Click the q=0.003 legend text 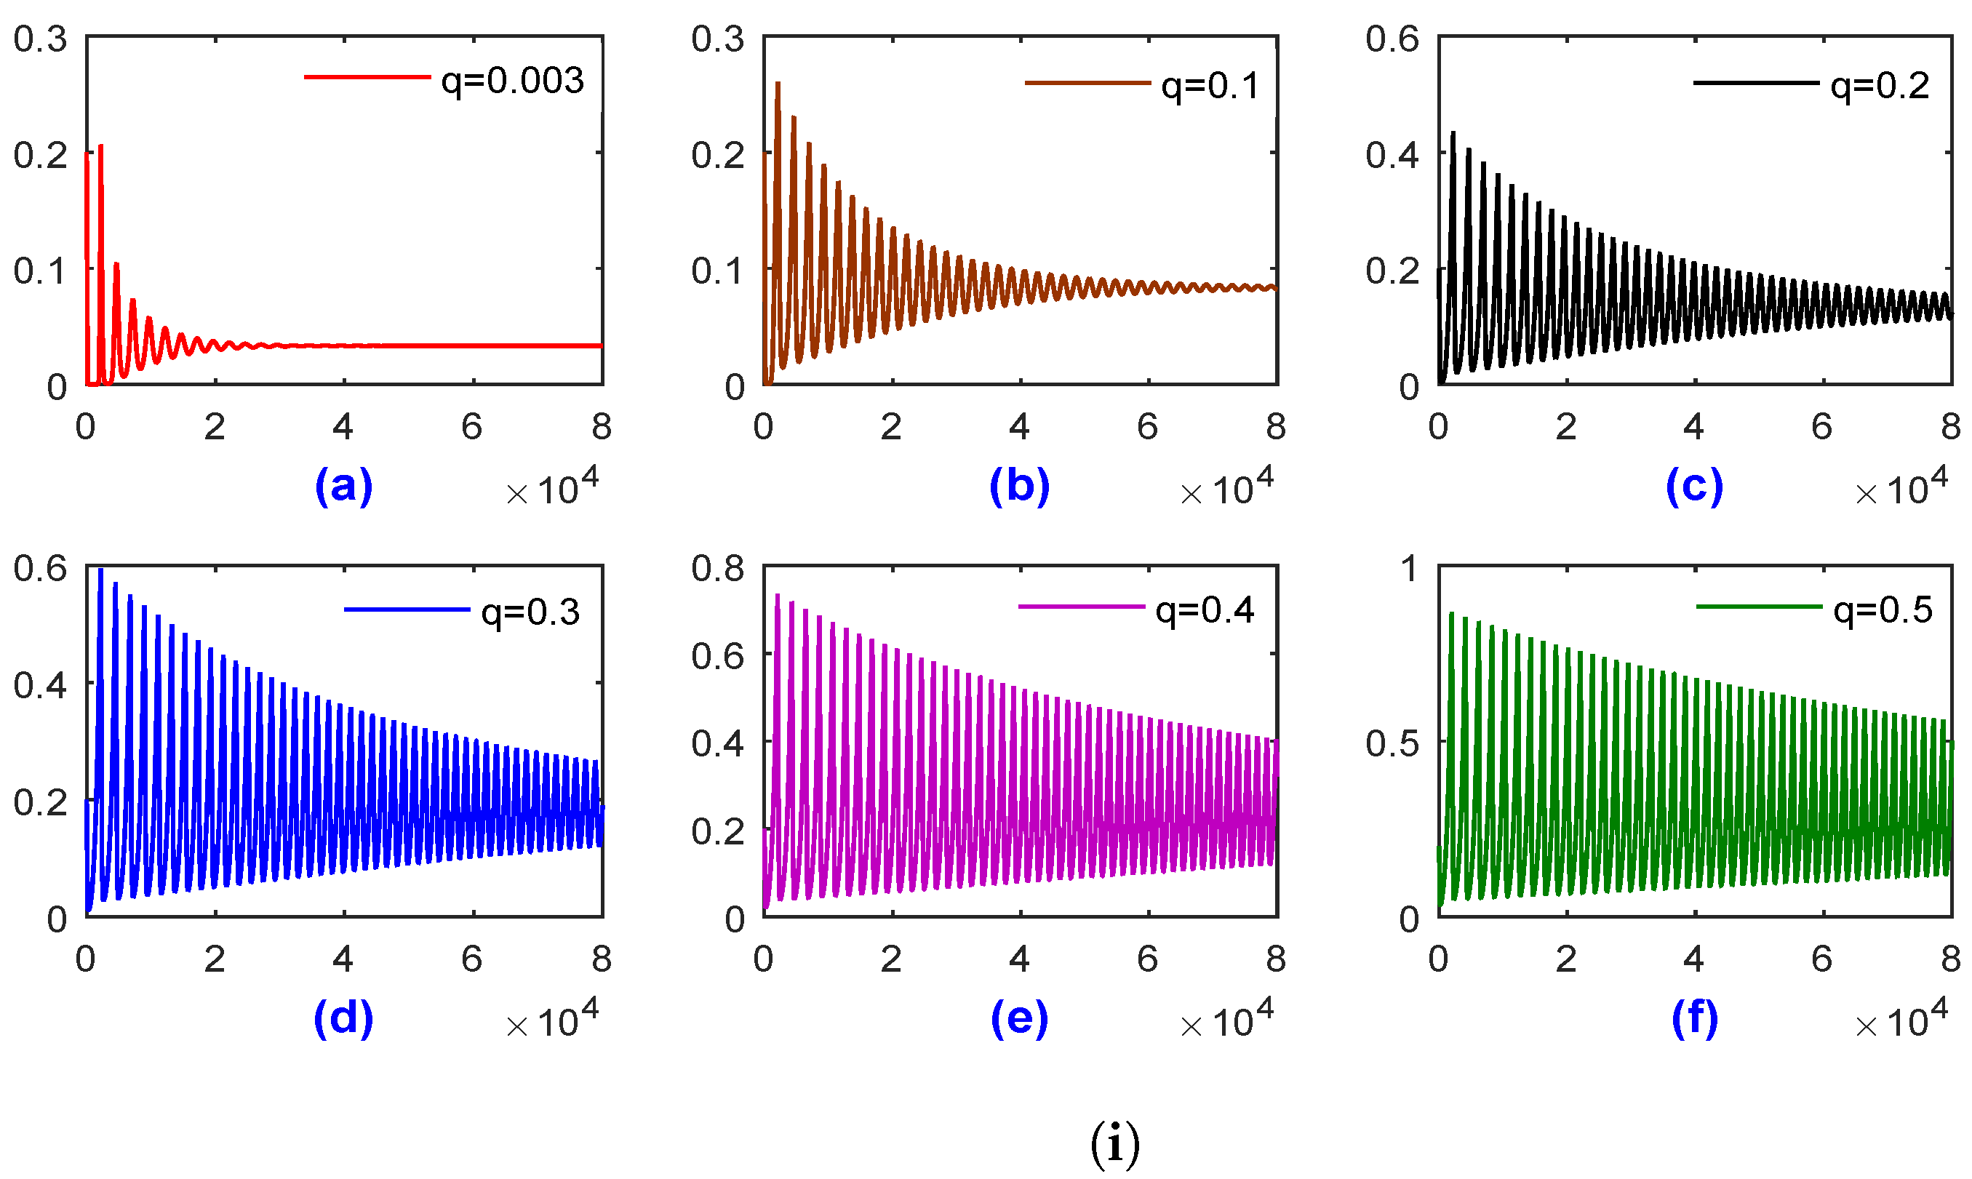pyautogui.click(x=513, y=81)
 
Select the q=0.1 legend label pyautogui.click(x=1210, y=86)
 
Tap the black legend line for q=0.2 pyautogui.click(x=1755, y=83)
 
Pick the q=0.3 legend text pyautogui.click(x=531, y=612)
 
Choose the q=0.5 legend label pyautogui.click(x=1883, y=610)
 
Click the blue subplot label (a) pyautogui.click(x=343, y=485)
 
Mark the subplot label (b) pyautogui.click(x=1019, y=485)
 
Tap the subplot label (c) pyautogui.click(x=1694, y=485)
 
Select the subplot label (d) pyautogui.click(x=343, y=1018)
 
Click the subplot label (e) pyautogui.click(x=1019, y=1018)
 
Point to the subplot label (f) pyautogui.click(x=1694, y=1018)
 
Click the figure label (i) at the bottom pyautogui.click(x=1114, y=1144)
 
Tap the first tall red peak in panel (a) pyautogui.click(x=101, y=148)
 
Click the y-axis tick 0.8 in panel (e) pyautogui.click(x=717, y=569)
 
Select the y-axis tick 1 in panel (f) pyautogui.click(x=1410, y=569)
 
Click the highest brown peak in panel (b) pyautogui.click(x=778, y=84)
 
